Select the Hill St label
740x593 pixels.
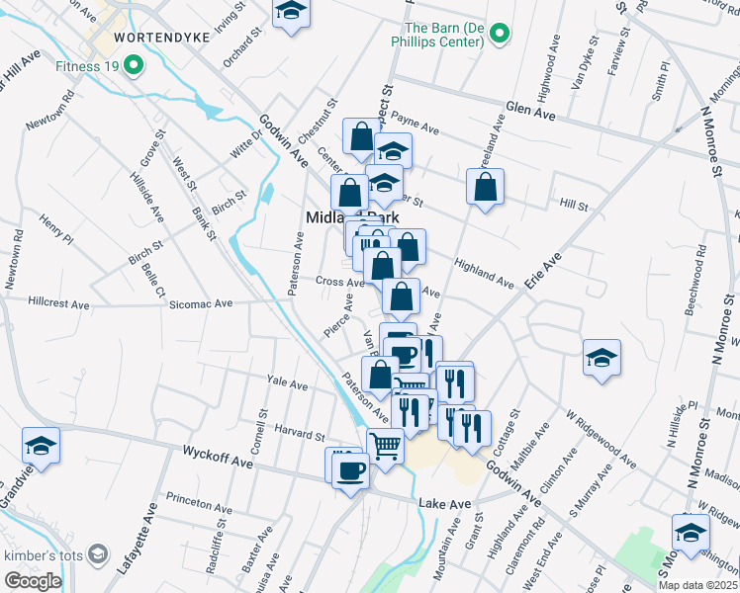click(574, 206)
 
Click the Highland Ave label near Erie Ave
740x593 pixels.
click(484, 273)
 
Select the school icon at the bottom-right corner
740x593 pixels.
click(690, 533)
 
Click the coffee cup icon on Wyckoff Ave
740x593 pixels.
click(349, 468)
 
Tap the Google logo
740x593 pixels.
click(33, 581)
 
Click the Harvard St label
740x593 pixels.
click(301, 435)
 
